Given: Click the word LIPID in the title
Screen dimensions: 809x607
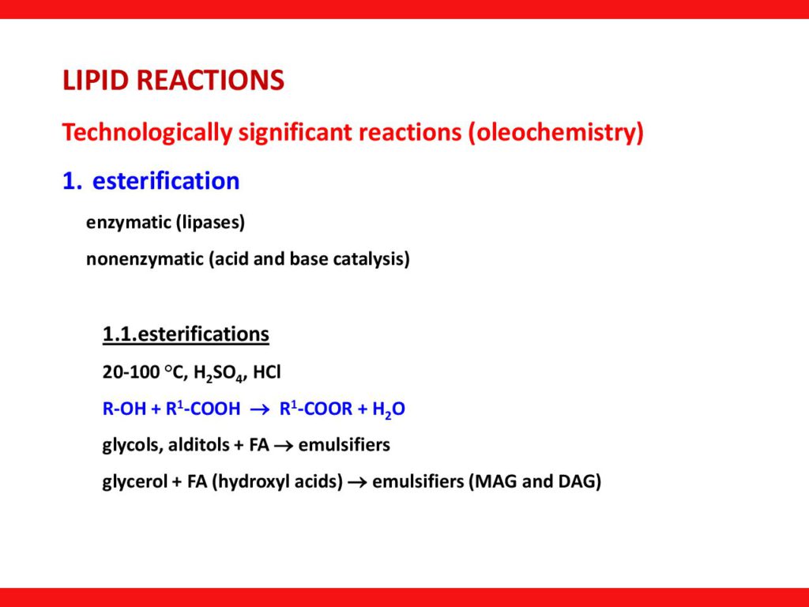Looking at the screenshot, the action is point(96,80).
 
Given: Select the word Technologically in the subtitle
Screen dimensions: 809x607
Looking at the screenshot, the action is point(147,133).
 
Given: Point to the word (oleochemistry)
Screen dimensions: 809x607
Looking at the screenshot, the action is point(556,133).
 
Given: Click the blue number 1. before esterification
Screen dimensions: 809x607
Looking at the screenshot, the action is point(72,181).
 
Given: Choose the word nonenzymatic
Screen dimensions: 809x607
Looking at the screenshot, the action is point(145,259).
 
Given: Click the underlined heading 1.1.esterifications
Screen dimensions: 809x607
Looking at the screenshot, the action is point(186,334).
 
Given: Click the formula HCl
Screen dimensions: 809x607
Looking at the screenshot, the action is point(267,372).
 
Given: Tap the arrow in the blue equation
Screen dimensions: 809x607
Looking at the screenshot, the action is point(260,409).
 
